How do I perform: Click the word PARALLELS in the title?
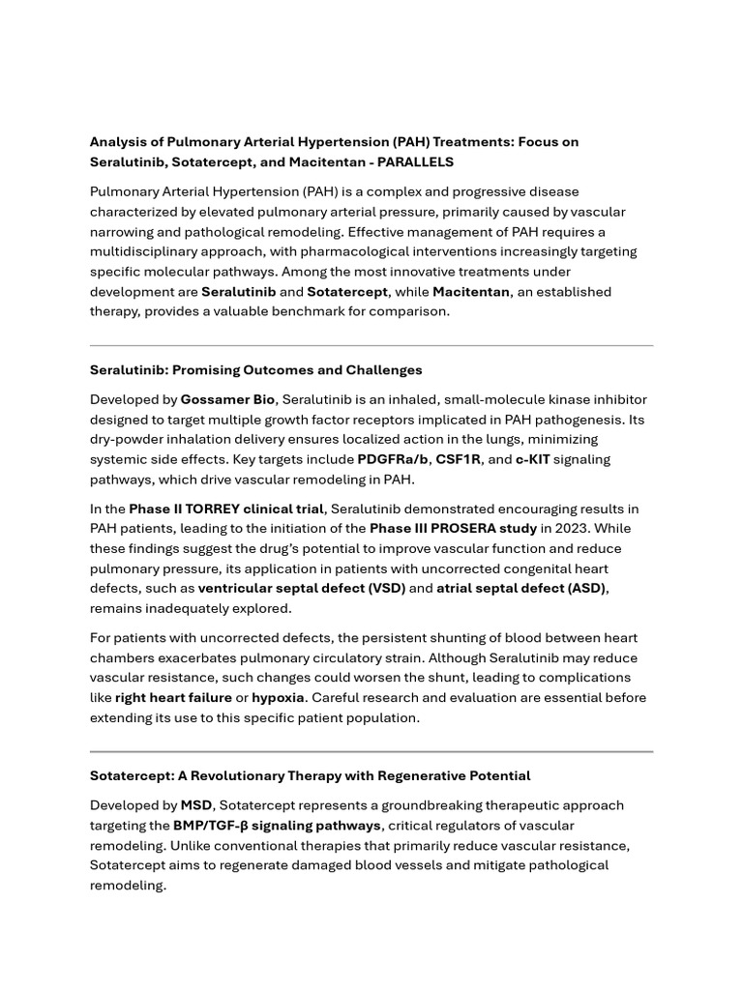(x=414, y=162)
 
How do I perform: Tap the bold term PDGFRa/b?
(x=392, y=459)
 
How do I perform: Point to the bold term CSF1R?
(x=458, y=459)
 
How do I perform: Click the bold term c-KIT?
(x=532, y=459)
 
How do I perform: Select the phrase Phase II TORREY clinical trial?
(x=225, y=509)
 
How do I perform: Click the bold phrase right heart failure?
(x=173, y=698)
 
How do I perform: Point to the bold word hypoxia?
(x=279, y=698)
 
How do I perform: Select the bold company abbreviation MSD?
(x=196, y=805)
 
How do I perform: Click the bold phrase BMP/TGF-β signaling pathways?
(x=277, y=826)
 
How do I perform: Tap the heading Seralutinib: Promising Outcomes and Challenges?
(x=256, y=370)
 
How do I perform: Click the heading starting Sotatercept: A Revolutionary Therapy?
(x=310, y=776)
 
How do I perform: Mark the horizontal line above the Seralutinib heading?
(x=371, y=345)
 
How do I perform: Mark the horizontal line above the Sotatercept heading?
(x=371, y=751)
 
